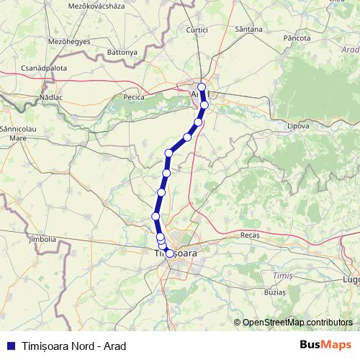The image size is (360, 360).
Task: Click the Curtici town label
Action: [x=196, y=30]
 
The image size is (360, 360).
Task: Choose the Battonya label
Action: [x=122, y=53]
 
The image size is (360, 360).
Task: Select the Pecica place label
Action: [x=135, y=96]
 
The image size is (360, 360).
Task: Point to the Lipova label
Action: [x=297, y=125]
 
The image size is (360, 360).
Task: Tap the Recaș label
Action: [x=250, y=235]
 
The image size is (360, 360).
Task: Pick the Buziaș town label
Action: [x=274, y=293]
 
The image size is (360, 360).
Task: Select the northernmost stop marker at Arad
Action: [x=202, y=87]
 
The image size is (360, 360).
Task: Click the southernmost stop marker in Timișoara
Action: [x=169, y=253]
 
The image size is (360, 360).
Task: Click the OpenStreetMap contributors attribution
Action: [x=297, y=322]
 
